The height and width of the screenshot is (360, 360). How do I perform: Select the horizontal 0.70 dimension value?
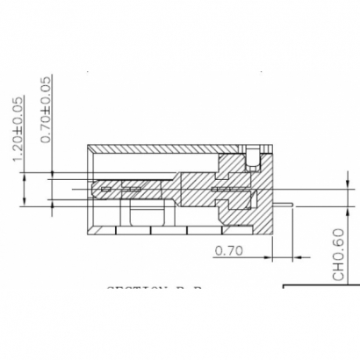pos(227,249)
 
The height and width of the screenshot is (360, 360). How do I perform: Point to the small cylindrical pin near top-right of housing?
pos(252,160)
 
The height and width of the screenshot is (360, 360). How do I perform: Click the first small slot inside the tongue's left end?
pos(106,189)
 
